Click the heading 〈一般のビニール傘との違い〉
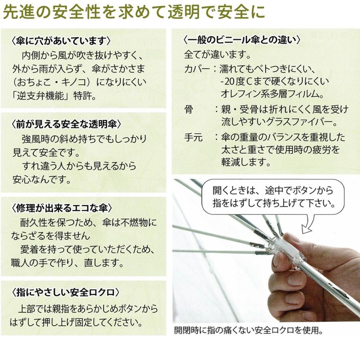pyautogui.click(x=241, y=40)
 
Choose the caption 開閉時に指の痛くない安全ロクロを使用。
pyautogui.click(x=248, y=331)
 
